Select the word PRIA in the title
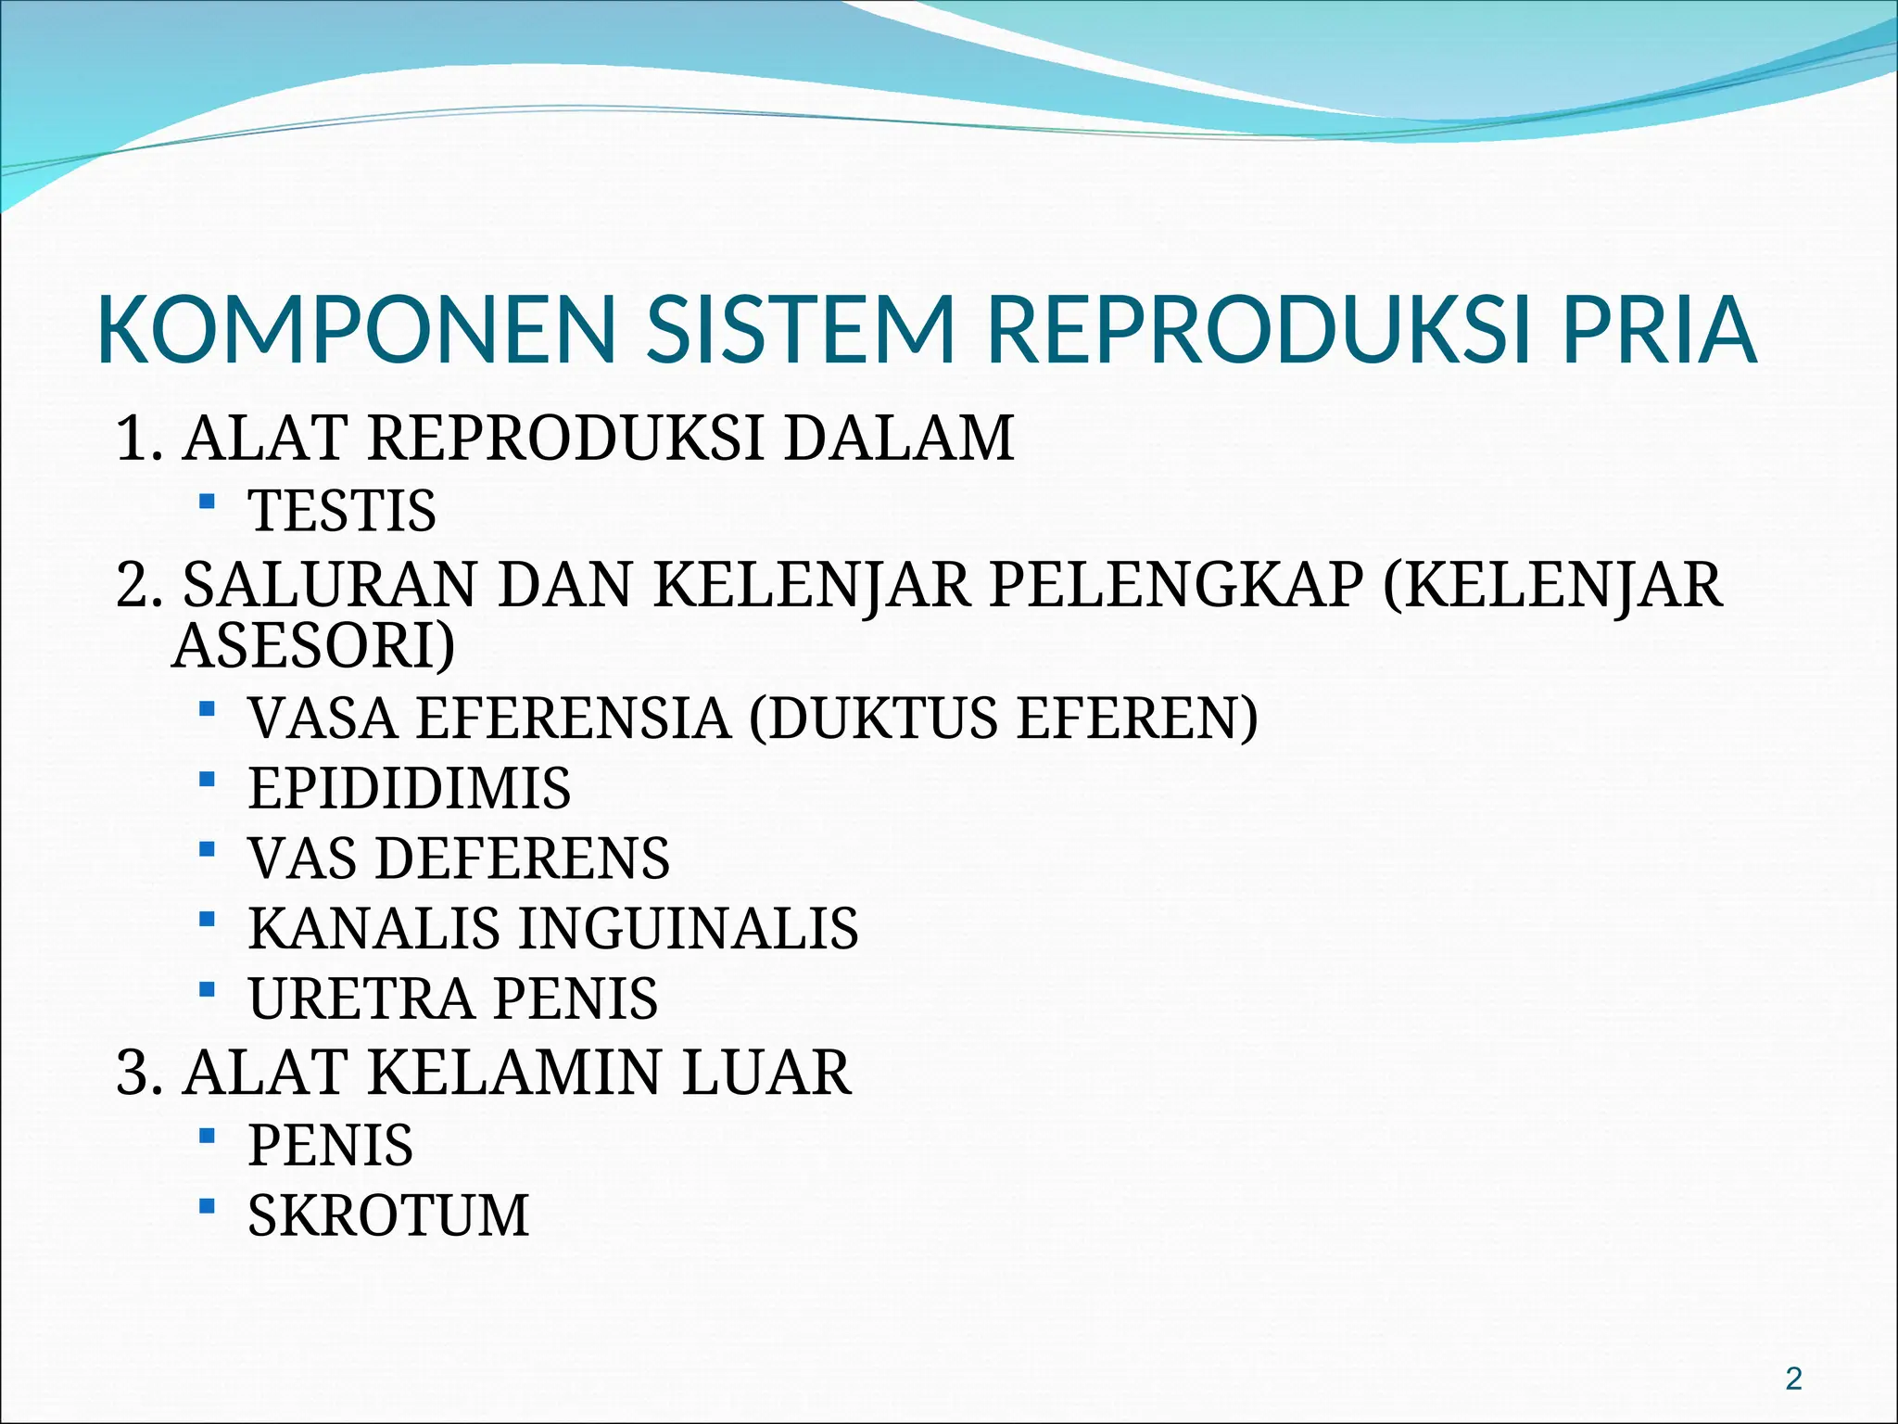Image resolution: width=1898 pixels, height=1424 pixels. point(1659,330)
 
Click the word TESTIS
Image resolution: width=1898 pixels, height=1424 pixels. point(342,511)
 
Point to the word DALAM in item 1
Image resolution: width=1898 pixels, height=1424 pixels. point(899,438)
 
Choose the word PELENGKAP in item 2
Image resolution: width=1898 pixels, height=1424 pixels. point(1177,585)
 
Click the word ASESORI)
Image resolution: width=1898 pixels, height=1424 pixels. point(314,645)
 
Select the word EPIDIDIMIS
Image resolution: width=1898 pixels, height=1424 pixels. point(410,789)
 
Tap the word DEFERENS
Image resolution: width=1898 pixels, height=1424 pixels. point(523,858)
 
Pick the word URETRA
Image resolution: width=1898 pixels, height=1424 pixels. point(361,998)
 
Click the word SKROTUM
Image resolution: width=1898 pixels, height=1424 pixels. point(389,1215)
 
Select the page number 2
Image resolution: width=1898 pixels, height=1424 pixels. point(1793,1379)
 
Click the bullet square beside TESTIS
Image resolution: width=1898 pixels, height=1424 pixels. point(207,502)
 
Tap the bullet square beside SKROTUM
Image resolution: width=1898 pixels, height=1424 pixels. point(207,1206)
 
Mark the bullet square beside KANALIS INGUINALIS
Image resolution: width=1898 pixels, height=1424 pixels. point(207,920)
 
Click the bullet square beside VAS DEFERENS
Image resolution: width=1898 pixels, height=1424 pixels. point(207,849)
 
